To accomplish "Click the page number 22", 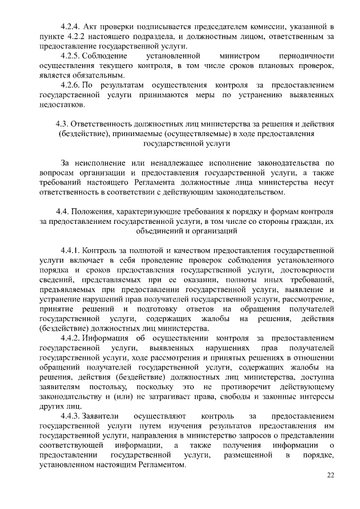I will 331,475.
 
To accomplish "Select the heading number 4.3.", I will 62,124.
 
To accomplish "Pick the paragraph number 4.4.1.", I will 70,248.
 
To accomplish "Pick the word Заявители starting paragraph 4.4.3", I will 101,416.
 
